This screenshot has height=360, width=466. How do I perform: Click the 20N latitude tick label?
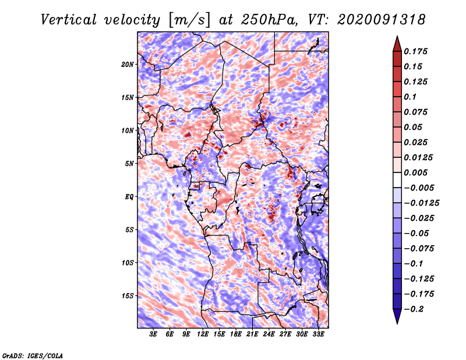pos(128,64)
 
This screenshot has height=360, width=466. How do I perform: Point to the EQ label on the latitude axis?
pos(129,197)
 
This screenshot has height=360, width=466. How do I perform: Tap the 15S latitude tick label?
pos(128,296)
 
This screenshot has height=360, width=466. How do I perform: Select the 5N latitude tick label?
pos(129,164)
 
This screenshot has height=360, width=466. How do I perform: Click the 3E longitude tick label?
pos(154,335)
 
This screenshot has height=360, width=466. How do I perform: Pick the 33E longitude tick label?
pos(319,335)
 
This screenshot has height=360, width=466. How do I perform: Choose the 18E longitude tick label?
pos(236,335)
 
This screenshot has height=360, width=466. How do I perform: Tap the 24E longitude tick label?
pos(269,335)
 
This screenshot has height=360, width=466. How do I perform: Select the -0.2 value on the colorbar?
pos(415,309)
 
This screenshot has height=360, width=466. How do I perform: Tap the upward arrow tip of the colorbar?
pos(396,38)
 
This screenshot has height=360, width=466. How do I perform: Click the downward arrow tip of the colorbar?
pos(396,322)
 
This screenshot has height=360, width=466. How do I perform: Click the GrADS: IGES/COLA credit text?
pos(32,355)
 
